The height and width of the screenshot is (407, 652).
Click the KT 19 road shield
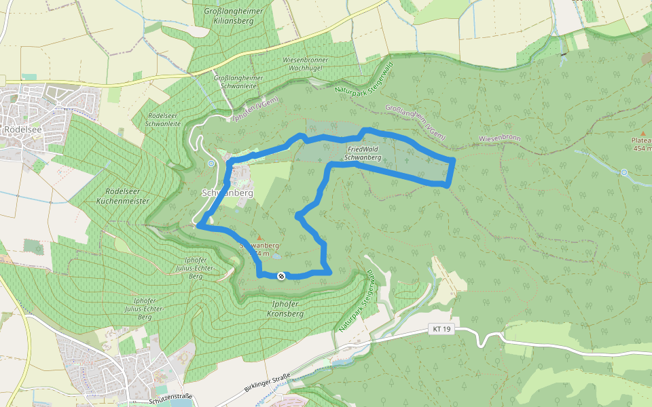pos(441,329)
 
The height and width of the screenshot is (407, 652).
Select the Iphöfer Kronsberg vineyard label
pos(285,309)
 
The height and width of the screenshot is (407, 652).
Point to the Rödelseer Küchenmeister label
pos(123,197)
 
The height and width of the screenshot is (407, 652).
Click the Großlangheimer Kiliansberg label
pos(225,16)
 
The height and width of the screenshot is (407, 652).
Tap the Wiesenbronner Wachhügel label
pos(305,64)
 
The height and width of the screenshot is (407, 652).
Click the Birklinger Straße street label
pos(267,383)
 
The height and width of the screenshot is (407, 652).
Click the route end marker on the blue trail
pos(280,275)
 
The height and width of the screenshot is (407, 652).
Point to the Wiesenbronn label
pos(499,138)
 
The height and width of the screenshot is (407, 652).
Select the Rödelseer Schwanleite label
pos(164,119)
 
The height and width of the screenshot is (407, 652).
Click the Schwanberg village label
pos(228,193)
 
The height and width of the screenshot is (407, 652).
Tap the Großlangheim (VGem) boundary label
pos(415,122)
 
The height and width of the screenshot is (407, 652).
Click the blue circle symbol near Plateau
pos(623,172)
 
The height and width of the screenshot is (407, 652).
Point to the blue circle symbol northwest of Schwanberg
pos(211,163)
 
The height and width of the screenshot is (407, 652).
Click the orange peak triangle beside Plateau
pos(643,133)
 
